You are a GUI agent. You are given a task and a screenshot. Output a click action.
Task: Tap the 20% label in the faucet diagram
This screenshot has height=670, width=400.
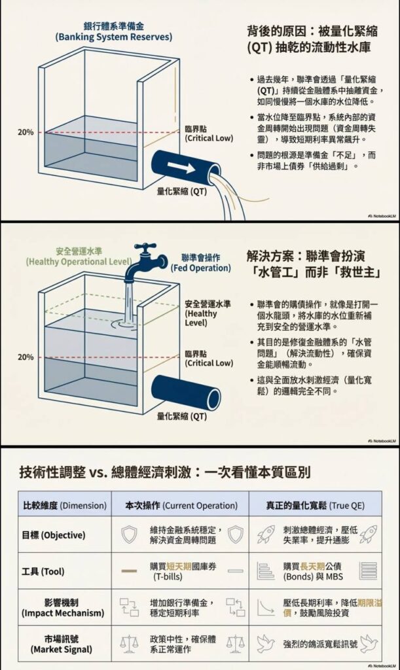[26, 357]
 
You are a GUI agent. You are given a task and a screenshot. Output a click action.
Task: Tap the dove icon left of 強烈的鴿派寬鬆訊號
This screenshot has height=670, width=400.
[264, 644]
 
